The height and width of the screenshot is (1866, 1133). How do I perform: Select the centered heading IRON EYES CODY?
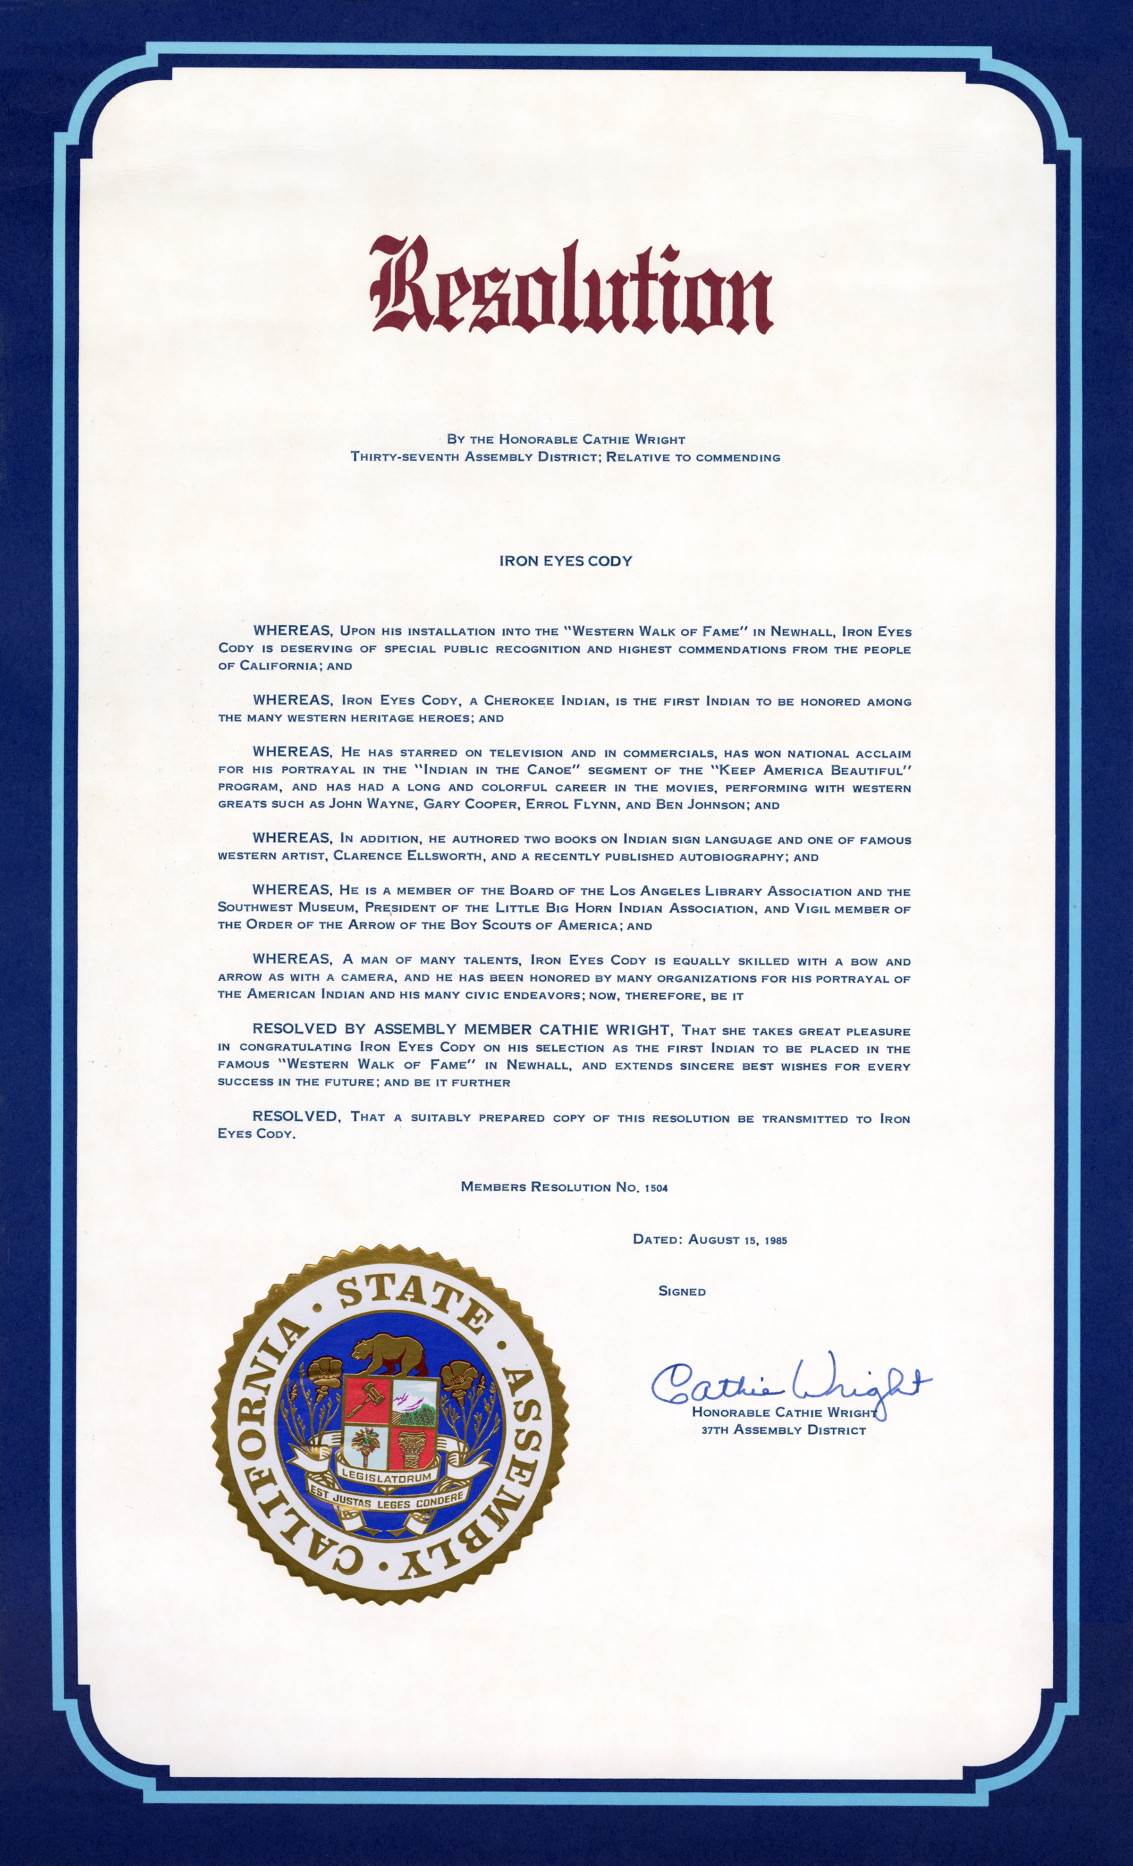click(x=566, y=561)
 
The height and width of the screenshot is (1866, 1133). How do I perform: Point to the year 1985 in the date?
click(x=776, y=1240)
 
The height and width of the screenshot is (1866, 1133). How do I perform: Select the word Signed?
click(x=682, y=1291)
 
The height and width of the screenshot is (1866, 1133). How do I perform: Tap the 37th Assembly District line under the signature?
click(x=783, y=1430)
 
